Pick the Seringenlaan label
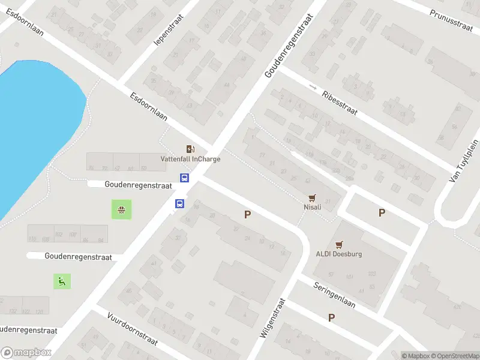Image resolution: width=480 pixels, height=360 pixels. (334, 295)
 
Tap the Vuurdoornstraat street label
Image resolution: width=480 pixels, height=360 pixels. (132, 328)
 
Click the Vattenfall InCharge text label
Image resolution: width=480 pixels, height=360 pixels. (190, 159)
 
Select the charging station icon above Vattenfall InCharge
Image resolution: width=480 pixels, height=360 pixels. (190, 149)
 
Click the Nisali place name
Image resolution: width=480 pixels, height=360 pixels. (312, 207)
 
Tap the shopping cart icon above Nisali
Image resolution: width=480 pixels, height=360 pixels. (312, 197)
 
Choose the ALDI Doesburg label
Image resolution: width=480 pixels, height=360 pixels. (339, 254)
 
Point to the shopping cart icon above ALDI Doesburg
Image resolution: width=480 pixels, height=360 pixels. (339, 244)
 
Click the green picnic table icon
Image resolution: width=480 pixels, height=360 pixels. (121, 210)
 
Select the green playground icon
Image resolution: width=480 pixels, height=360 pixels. (62, 280)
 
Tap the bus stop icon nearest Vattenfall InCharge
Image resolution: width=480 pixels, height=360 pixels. (185, 178)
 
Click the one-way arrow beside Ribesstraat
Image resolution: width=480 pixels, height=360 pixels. (312, 87)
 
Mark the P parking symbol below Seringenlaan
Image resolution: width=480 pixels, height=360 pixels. (331, 317)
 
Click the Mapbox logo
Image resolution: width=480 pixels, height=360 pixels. (26, 352)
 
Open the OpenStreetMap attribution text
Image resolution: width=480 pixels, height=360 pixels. (455, 356)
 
